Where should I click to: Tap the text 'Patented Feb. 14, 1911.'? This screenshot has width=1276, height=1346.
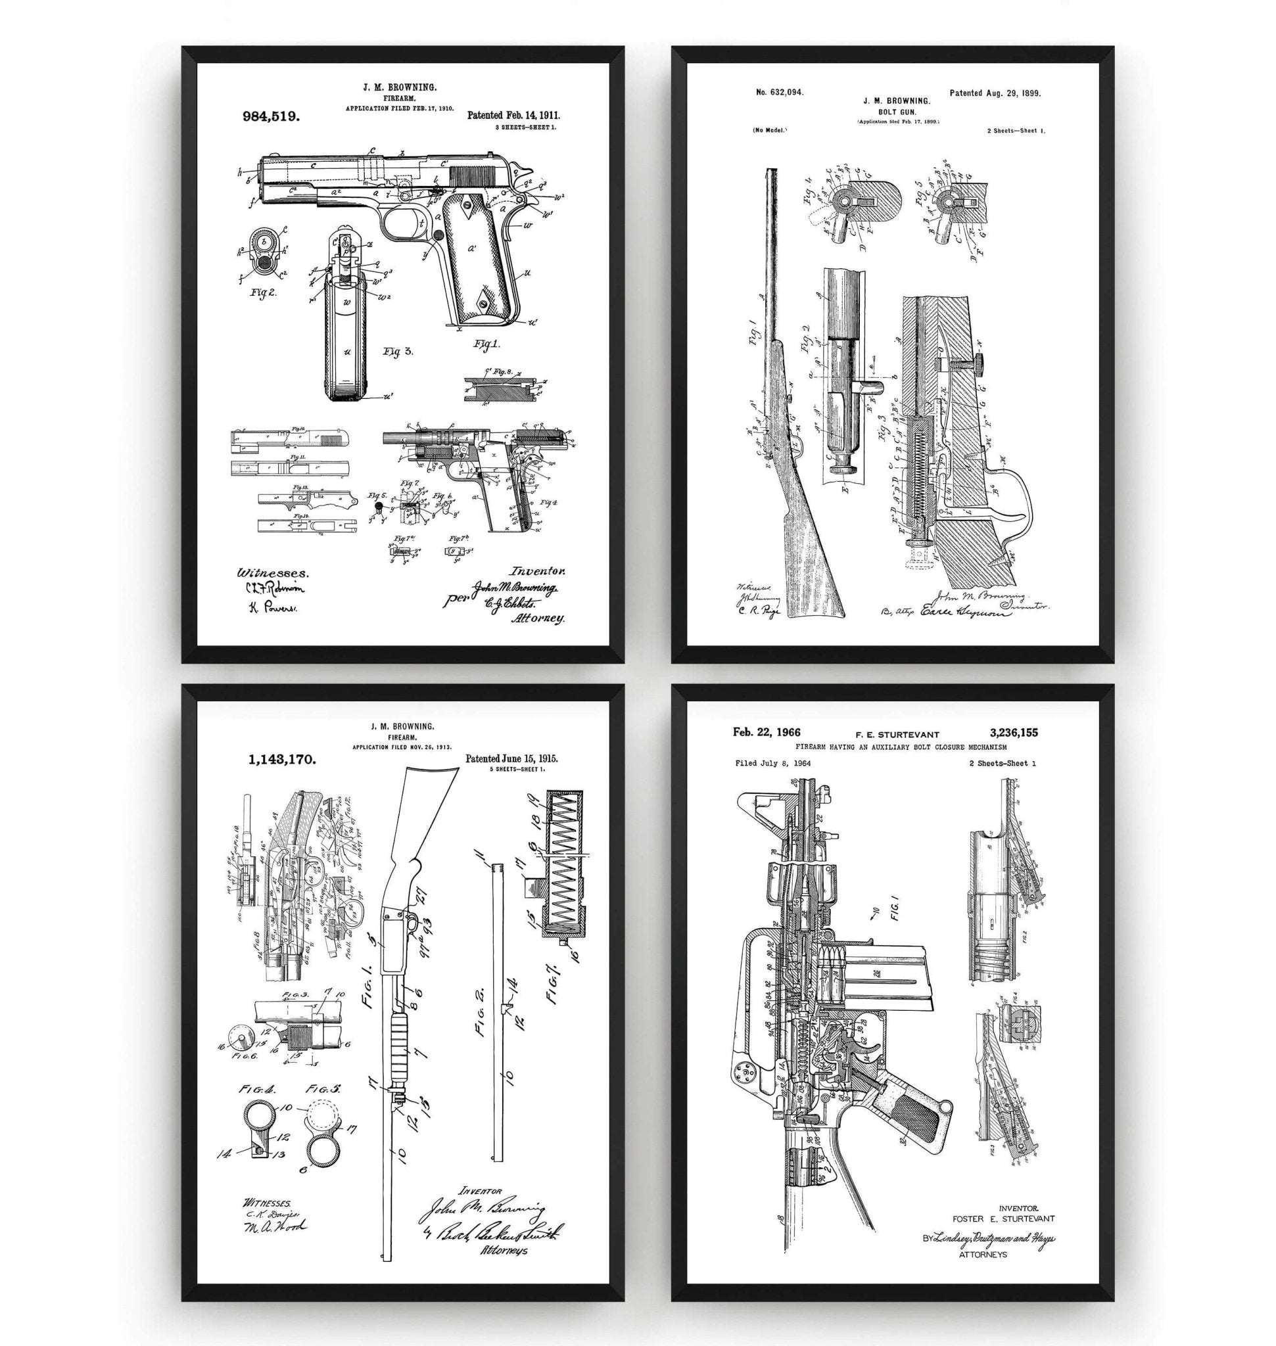(513, 116)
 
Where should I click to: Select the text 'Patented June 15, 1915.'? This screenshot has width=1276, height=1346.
(511, 759)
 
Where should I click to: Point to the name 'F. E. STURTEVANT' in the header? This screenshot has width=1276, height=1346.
(896, 734)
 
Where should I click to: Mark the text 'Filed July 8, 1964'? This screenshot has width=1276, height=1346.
(772, 763)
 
